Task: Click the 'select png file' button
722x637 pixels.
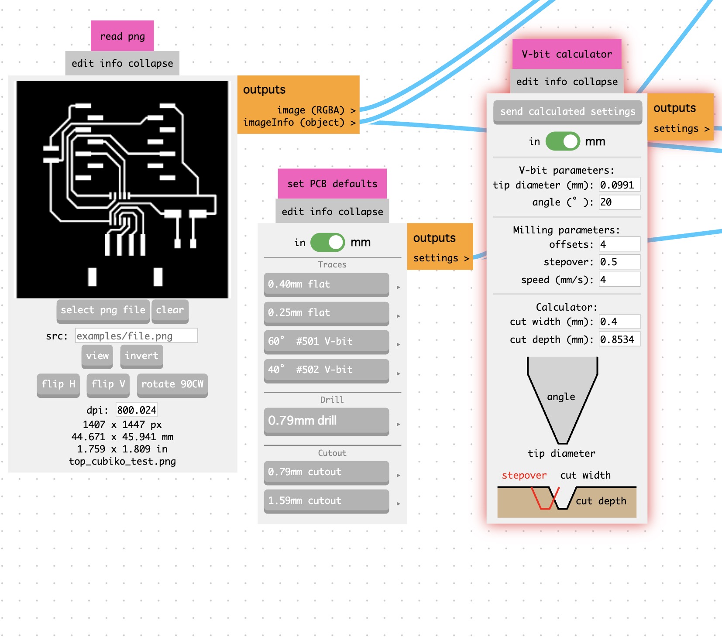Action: tap(103, 310)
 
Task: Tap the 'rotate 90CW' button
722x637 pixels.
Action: tap(172, 384)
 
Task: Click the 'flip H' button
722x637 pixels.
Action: tap(58, 384)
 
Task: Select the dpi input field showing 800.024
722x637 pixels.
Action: tap(136, 410)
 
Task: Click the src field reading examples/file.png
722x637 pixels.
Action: tap(136, 336)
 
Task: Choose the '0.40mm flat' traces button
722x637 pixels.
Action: tap(326, 284)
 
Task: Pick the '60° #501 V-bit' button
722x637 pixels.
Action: tap(326, 342)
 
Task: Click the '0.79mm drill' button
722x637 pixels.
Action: tap(326, 421)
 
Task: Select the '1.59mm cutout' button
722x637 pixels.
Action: tap(326, 501)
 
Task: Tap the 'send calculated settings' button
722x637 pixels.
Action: tap(567, 112)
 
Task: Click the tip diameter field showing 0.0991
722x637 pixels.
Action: tap(619, 185)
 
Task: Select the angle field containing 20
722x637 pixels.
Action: tap(619, 202)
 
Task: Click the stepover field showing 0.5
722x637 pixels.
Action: tap(619, 262)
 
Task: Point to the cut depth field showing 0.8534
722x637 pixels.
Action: tap(619, 339)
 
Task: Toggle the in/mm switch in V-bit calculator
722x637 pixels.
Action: tap(563, 141)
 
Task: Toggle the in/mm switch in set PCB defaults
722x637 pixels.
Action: tap(327, 243)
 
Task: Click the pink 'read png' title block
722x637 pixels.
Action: tap(122, 36)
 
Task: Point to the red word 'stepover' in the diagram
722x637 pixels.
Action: tap(524, 476)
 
